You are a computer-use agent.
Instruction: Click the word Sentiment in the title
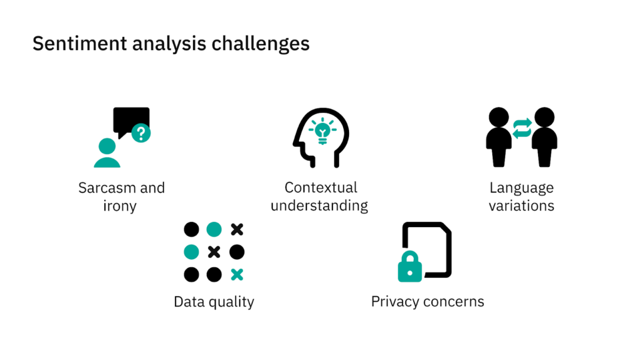(x=71, y=44)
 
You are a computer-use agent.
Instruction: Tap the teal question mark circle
(x=142, y=133)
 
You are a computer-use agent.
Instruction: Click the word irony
(x=119, y=206)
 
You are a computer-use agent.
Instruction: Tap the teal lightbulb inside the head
(x=323, y=130)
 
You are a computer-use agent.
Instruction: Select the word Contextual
(x=320, y=188)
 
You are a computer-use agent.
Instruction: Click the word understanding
(x=319, y=206)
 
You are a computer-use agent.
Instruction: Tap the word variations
(x=522, y=206)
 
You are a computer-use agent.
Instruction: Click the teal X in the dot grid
(x=236, y=274)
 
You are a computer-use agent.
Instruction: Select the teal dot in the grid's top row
(x=214, y=230)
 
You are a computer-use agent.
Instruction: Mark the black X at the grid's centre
(x=214, y=252)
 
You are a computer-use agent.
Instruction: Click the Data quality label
(x=214, y=302)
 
